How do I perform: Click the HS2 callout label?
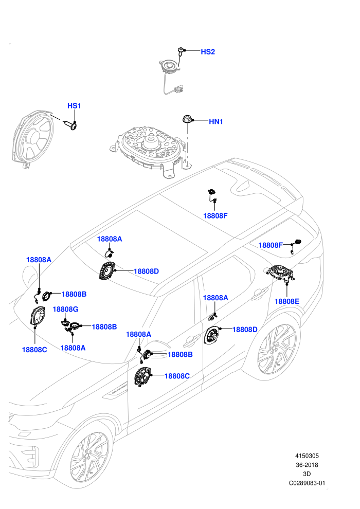(x=208, y=51)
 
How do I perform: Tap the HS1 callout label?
(x=74, y=106)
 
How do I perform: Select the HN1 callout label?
(x=216, y=121)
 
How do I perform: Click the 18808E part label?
(x=287, y=301)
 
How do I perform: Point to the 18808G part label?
(x=65, y=310)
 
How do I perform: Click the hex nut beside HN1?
(x=187, y=119)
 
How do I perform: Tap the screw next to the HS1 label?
(x=71, y=124)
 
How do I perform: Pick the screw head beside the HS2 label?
(x=180, y=50)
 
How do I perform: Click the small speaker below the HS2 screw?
(x=169, y=66)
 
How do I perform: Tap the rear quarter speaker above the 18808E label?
(x=280, y=273)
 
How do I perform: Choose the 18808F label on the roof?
(x=215, y=216)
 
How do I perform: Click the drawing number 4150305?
(x=307, y=456)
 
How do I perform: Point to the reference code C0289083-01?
(x=307, y=483)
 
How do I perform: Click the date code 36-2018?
(x=307, y=465)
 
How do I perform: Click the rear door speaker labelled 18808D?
(x=212, y=335)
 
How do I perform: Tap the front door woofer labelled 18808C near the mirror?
(x=143, y=376)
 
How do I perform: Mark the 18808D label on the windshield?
(x=147, y=271)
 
